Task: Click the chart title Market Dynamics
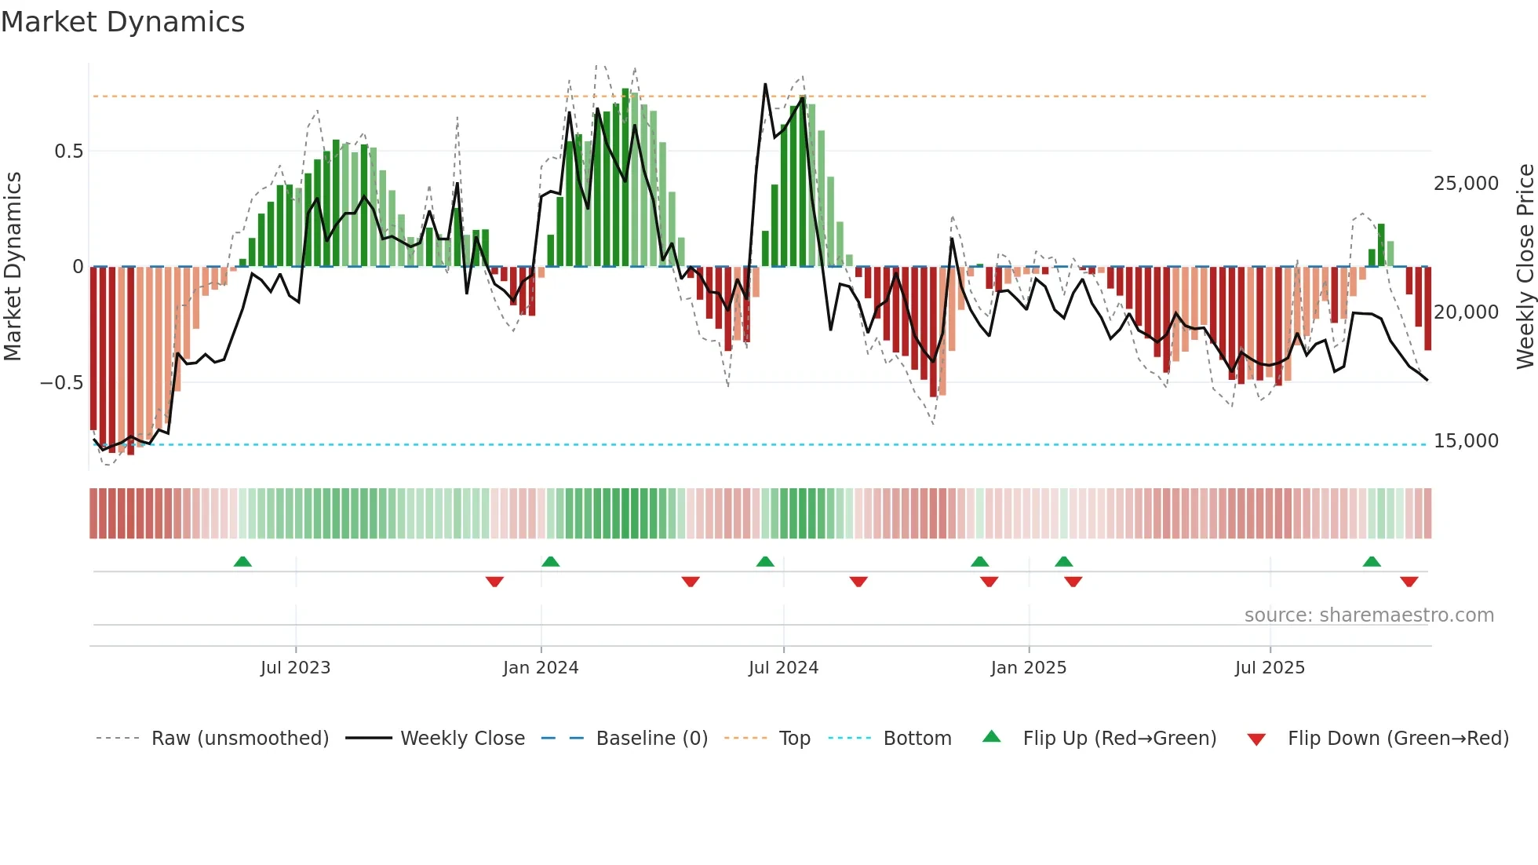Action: click(x=123, y=22)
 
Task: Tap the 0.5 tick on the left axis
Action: click(x=68, y=151)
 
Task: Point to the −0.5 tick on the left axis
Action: click(x=62, y=383)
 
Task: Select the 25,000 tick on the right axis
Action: click(x=1466, y=184)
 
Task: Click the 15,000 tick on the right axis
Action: click(x=1466, y=441)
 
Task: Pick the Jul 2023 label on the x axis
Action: click(x=295, y=668)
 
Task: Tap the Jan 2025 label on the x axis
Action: click(x=1028, y=668)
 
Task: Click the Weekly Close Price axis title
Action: click(x=1525, y=267)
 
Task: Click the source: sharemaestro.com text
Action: click(x=1369, y=615)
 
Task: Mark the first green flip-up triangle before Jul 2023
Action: click(x=242, y=562)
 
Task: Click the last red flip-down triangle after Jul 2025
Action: click(x=1409, y=582)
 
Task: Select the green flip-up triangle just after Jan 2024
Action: click(x=550, y=562)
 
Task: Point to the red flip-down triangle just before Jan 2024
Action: click(x=494, y=582)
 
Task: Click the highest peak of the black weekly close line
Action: click(x=765, y=85)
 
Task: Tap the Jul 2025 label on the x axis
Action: click(x=1270, y=668)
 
